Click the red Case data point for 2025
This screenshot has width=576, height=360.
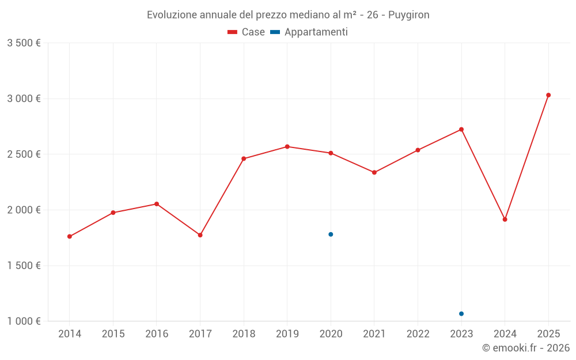pos(548,95)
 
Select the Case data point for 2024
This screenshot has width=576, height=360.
pos(505,219)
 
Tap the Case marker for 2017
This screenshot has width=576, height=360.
pos(200,235)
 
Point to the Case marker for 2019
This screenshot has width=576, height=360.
pos(287,146)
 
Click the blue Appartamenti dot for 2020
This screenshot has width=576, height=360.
pos(331,234)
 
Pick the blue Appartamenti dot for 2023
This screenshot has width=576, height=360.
pos(461,314)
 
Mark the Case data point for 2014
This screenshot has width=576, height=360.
pos(70,237)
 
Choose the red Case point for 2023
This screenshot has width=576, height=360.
pos(461,130)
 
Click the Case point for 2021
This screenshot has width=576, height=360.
pos(374,172)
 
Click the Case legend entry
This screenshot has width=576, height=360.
pos(247,32)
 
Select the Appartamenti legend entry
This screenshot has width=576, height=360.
pos(309,32)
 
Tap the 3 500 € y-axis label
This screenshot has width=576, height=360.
pos(24,43)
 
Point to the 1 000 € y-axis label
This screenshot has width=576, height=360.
pos(24,321)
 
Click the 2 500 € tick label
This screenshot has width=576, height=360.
pos(24,154)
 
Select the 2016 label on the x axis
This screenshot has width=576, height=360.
pos(157,334)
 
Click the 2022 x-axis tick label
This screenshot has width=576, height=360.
pos(418,334)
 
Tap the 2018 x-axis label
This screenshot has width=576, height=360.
pos(244,334)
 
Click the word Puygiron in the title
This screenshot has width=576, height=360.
pos(408,15)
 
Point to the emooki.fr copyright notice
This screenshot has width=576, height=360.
pos(525,348)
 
